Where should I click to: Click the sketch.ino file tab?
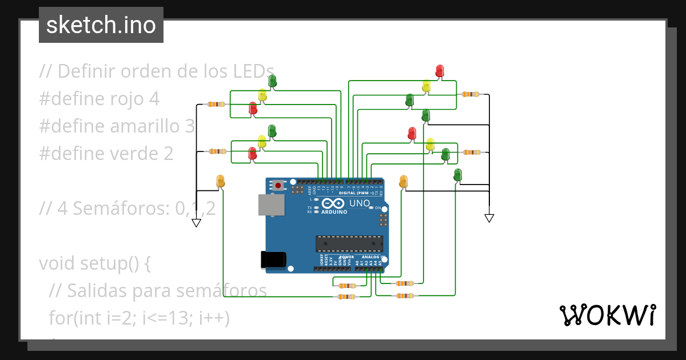[x=101, y=25]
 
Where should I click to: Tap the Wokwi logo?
[x=607, y=315]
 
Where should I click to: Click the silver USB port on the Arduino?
[x=270, y=205]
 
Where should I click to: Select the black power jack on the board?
[x=272, y=260]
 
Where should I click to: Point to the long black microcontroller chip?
[x=349, y=243]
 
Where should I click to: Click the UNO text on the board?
[x=360, y=203]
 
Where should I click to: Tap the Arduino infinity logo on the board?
[x=334, y=203]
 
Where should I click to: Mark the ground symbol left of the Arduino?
[x=196, y=223]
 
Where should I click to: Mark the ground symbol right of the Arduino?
[x=489, y=218]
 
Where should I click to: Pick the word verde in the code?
[x=142, y=154]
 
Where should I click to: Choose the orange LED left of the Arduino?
[x=221, y=181]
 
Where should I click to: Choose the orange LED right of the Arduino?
[x=403, y=181]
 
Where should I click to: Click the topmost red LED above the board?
[x=439, y=71]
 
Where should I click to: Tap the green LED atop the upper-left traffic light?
[x=273, y=81]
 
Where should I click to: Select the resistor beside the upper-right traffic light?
[x=470, y=94]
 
